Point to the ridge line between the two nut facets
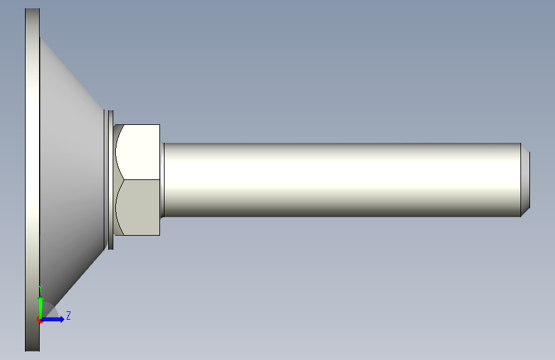point(141,179)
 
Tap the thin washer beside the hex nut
point(111,179)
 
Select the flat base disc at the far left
point(32,179)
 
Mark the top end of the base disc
point(32,8)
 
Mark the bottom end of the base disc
point(32,351)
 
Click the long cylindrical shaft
point(342,179)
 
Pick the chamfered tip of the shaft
point(526,179)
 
